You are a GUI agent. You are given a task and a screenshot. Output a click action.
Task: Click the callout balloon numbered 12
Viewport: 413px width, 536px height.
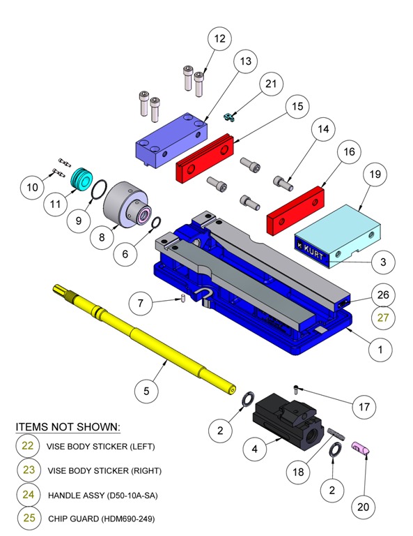coord(220,39)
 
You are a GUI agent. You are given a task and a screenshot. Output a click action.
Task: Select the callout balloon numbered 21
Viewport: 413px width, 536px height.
coord(270,84)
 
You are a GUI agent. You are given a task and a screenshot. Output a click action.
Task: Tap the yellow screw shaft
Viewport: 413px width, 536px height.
coord(146,336)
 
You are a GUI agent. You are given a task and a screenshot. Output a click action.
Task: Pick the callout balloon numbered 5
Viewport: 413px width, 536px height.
coord(146,391)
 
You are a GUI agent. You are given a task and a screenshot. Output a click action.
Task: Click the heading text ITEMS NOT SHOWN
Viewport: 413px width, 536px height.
coord(68,426)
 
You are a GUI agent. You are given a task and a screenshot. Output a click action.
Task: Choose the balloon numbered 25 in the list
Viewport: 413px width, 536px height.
coord(29,519)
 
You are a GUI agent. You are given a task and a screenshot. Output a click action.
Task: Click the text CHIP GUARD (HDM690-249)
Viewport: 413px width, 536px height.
coord(100,519)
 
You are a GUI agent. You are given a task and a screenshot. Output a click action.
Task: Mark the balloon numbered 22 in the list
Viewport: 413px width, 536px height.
coord(29,446)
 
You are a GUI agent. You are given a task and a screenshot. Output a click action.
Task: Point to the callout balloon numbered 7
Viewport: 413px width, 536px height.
coord(143,303)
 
